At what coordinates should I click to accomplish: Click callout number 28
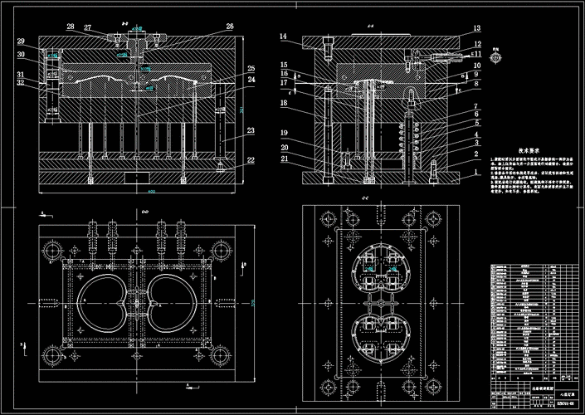(x=71, y=27)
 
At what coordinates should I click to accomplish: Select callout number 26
(x=230, y=27)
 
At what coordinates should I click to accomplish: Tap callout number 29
(x=20, y=41)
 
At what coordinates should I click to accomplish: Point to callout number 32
(x=20, y=82)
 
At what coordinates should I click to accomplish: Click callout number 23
(x=251, y=130)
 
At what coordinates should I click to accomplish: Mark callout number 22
(x=251, y=160)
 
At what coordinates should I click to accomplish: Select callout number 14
(x=283, y=37)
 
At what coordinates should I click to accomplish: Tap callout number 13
(x=477, y=27)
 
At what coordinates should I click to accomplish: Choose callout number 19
(x=283, y=133)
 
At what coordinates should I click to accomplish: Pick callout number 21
(x=283, y=159)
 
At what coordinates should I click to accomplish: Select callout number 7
(x=476, y=107)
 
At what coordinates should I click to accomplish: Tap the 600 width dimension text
(x=152, y=193)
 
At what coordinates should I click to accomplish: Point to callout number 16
(x=283, y=73)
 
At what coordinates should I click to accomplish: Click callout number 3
(x=476, y=144)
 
